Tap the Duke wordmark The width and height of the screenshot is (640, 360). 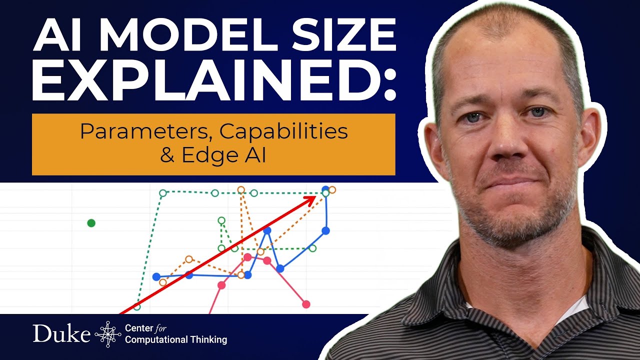click(61, 333)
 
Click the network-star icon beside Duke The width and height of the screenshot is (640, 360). click(107, 334)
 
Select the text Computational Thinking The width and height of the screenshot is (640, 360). click(176, 340)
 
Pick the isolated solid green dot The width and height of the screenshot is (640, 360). click(91, 223)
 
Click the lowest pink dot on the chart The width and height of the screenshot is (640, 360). click(306, 304)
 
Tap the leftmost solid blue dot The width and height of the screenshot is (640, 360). click(156, 276)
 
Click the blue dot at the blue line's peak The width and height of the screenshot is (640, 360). click(325, 189)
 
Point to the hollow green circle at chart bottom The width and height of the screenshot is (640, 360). click(137, 306)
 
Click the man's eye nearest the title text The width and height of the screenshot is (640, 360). click(472, 118)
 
